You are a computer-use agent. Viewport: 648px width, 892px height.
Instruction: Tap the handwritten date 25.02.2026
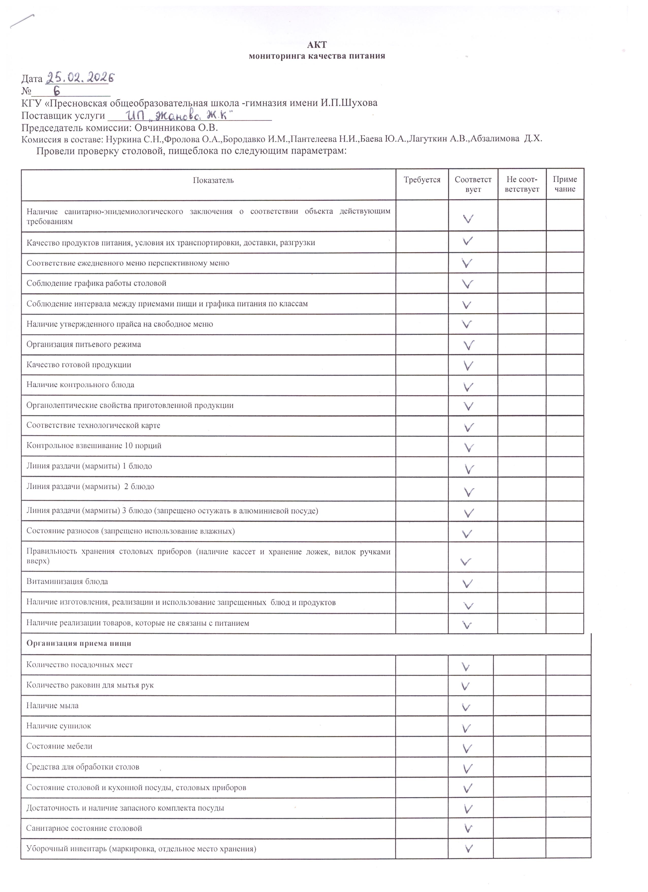pyautogui.click(x=80, y=78)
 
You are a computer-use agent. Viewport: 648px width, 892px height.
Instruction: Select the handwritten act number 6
pyautogui.click(x=57, y=91)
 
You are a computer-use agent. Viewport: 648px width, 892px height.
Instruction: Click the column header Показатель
pyautogui.click(x=213, y=180)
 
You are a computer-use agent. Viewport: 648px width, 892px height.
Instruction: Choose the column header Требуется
pyautogui.click(x=422, y=180)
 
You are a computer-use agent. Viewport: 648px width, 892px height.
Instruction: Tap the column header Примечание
pyautogui.click(x=565, y=184)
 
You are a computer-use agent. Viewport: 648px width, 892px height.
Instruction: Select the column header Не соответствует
pyautogui.click(x=522, y=184)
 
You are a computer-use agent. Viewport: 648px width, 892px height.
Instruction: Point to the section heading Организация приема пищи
pyautogui.click(x=79, y=643)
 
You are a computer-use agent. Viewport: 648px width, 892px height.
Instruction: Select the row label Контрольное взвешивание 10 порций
pyautogui.click(x=94, y=445)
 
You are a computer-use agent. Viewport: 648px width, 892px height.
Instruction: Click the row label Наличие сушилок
pyautogui.click(x=59, y=726)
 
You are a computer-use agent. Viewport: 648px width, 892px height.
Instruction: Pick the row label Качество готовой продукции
pyautogui.click(x=79, y=365)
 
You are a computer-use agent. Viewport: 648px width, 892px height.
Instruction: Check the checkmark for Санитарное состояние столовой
pyautogui.click(x=468, y=829)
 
